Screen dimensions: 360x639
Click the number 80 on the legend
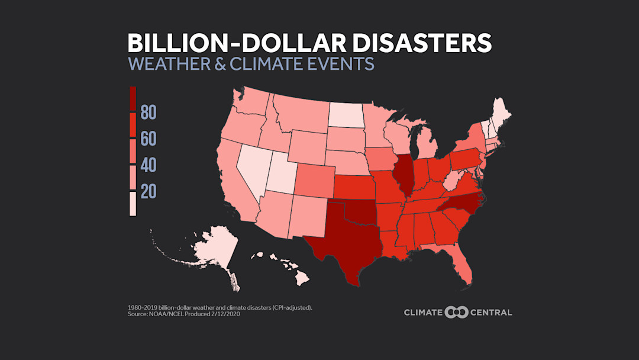[149, 112]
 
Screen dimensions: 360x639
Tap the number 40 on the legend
[149, 165]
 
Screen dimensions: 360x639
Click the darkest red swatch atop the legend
[133, 99]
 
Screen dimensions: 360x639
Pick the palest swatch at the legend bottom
[133, 204]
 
